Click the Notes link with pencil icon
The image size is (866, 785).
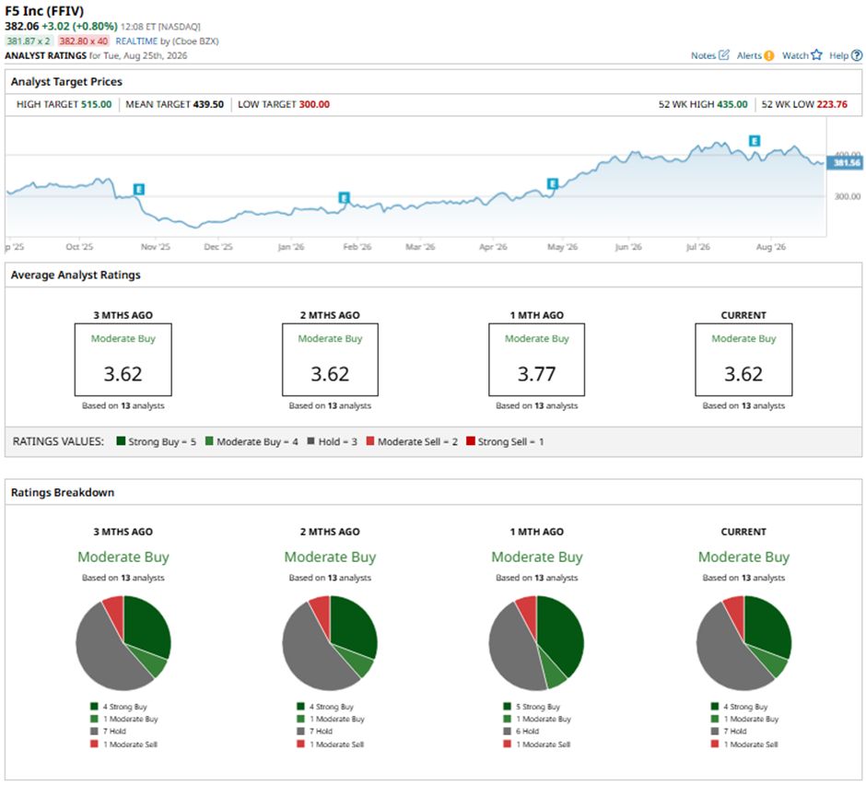point(709,55)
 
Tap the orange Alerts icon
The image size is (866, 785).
point(768,55)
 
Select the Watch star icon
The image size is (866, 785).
point(816,54)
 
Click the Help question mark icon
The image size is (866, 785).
point(856,55)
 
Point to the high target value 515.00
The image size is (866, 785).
point(96,104)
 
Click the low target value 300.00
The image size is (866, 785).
point(314,104)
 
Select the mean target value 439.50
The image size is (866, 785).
point(208,104)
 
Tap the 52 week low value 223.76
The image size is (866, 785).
point(831,104)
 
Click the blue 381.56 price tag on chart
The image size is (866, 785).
point(846,162)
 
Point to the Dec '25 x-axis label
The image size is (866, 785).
point(218,247)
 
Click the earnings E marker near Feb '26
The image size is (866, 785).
point(344,198)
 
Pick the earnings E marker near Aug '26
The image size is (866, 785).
point(754,141)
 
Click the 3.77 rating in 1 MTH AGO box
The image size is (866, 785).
point(536,374)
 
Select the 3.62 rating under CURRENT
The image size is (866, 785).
point(743,374)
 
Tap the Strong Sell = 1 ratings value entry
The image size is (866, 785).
point(505,441)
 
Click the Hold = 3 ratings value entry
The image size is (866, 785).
point(332,441)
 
